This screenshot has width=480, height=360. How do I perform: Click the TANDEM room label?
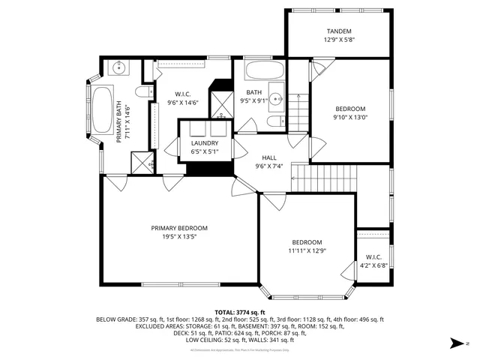[x=338, y=31]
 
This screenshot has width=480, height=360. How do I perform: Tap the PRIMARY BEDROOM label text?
[x=179, y=228]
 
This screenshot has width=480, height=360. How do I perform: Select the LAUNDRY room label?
[x=205, y=142]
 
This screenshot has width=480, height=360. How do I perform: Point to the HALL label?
[x=268, y=157]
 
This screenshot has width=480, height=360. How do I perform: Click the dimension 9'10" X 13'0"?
[x=350, y=117]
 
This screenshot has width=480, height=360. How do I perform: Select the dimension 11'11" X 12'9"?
[x=307, y=251]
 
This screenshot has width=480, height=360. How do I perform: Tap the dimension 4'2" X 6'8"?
[x=373, y=265]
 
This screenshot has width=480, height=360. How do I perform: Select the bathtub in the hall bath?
[x=265, y=73]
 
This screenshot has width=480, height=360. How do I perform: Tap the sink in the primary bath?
[x=119, y=68]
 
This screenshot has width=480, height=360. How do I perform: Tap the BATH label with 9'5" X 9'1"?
[x=254, y=92]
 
